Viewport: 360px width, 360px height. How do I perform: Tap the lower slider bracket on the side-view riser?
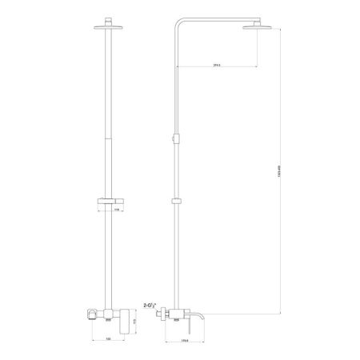point(177,200)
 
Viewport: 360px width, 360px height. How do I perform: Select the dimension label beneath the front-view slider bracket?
point(117,210)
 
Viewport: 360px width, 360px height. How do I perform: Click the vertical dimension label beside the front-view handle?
point(136,320)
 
